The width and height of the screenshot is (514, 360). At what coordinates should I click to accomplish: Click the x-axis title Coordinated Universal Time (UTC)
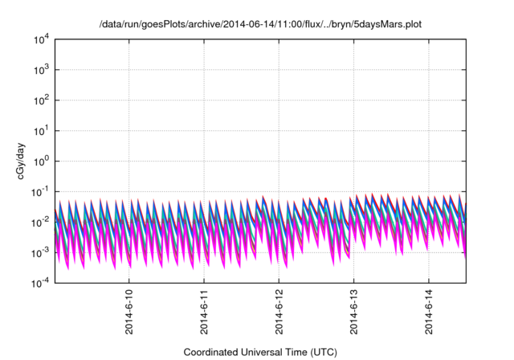tap(260, 352)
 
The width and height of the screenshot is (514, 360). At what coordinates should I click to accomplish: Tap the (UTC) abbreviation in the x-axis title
tap(324, 352)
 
